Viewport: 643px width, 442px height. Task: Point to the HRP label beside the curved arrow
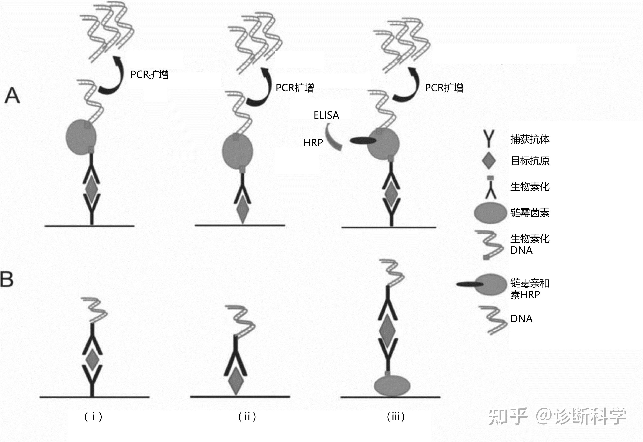pos(313,143)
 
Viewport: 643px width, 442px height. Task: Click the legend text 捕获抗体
pos(530,139)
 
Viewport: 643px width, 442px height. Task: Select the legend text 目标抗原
pos(530,161)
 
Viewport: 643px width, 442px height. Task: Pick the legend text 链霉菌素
pos(530,213)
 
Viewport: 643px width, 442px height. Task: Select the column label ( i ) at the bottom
pos(93,416)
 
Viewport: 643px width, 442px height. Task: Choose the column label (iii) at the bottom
pos(396,416)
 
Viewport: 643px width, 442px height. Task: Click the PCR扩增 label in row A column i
pos(149,75)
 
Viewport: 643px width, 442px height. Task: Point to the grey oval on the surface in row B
pos(392,385)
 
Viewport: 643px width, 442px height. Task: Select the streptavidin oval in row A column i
pos(81,137)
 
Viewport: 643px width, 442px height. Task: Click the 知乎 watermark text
pos(508,416)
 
